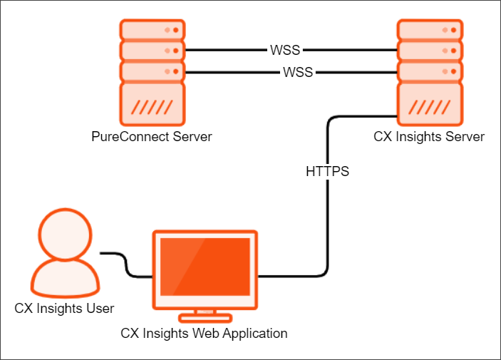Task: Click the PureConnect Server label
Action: (151, 136)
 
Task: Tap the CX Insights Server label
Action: (429, 136)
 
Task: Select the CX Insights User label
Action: (64, 308)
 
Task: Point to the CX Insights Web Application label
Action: (204, 333)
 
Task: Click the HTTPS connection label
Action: (327, 172)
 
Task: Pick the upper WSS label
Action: (285, 51)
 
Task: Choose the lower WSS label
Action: (298, 72)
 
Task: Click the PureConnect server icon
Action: (151, 71)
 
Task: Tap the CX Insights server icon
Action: (430, 71)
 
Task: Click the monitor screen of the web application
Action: (205, 266)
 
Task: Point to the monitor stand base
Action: (205, 316)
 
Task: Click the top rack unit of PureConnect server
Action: (151, 30)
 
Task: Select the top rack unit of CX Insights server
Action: (430, 30)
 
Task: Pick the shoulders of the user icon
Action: (64, 279)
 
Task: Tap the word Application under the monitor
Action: (255, 333)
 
